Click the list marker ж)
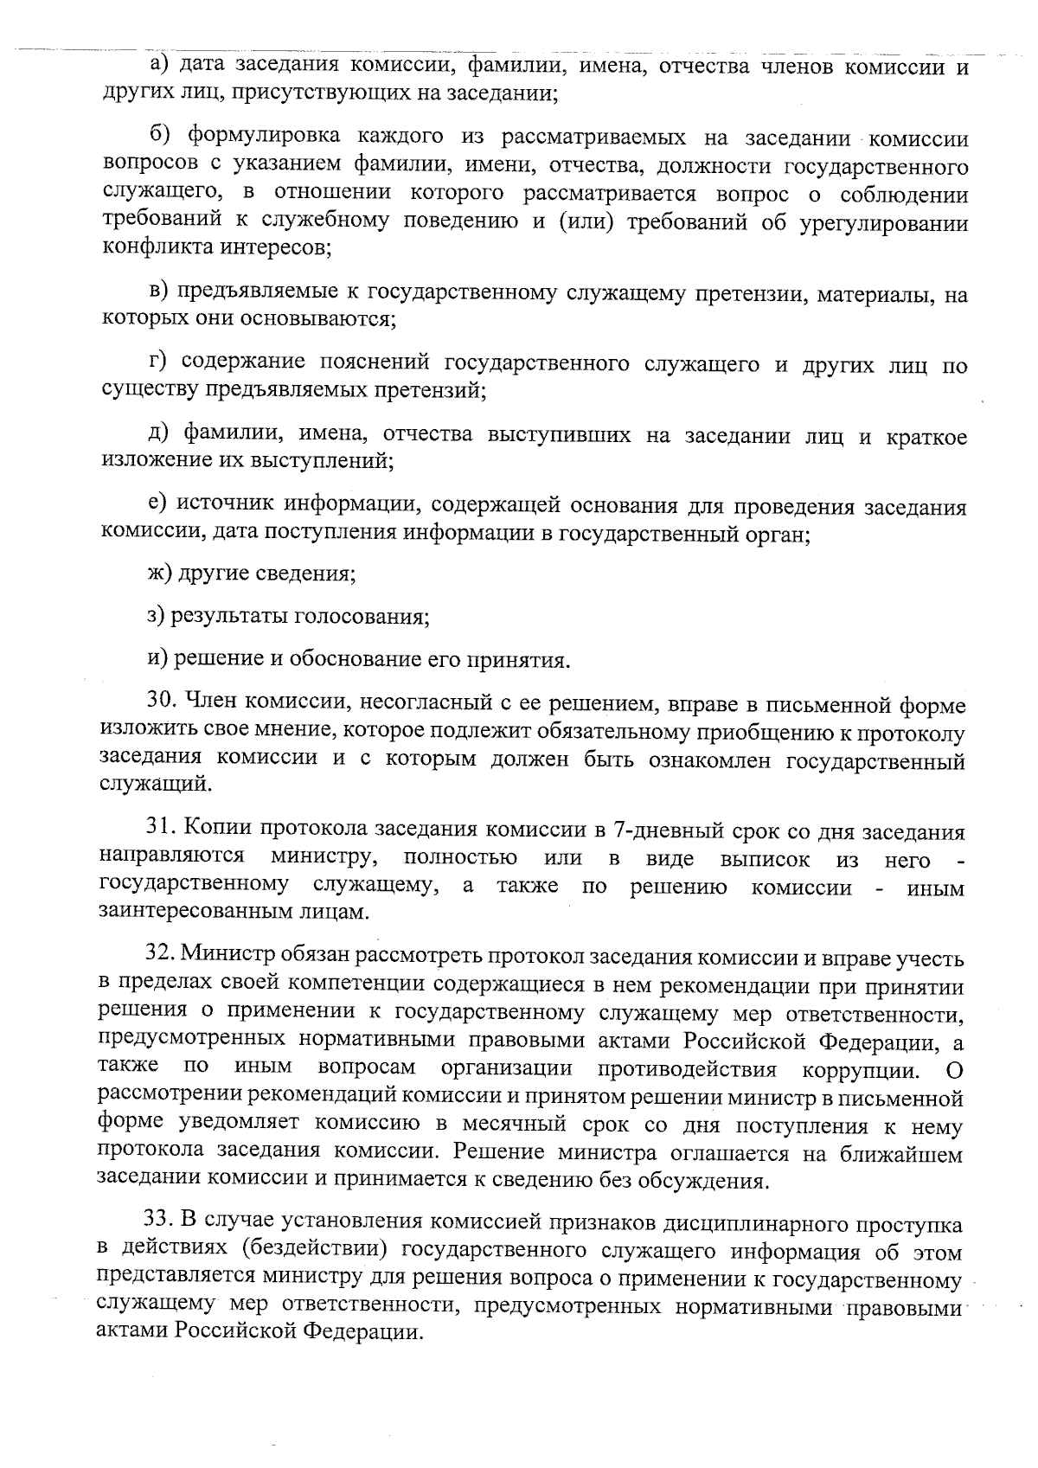pos(160,574)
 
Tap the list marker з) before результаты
pos(157,617)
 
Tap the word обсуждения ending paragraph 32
pos(703,1181)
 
